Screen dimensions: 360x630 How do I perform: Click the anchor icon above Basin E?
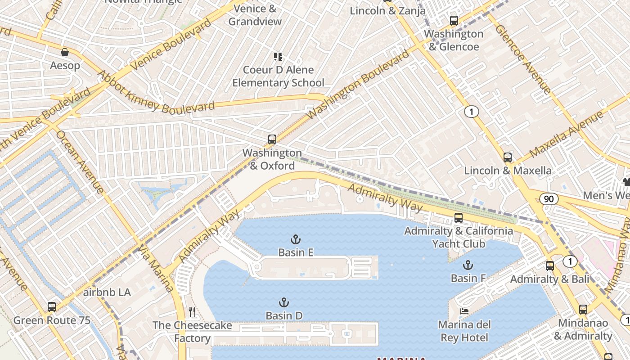(296, 239)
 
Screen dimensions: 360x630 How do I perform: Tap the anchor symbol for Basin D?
(284, 302)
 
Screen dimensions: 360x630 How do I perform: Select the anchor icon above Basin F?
(468, 265)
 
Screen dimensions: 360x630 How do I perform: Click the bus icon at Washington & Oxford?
(272, 139)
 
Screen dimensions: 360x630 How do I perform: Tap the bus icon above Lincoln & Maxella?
(508, 157)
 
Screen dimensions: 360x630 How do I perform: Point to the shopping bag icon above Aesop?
(65, 52)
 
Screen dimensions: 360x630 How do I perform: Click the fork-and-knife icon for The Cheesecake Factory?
(192, 312)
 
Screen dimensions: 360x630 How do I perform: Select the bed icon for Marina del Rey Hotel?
(464, 311)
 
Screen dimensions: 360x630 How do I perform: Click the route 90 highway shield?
(549, 199)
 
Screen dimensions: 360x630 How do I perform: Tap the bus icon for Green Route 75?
(52, 307)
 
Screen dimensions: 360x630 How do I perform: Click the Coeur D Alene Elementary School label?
(278, 76)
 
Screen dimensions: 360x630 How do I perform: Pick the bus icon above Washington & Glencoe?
(454, 21)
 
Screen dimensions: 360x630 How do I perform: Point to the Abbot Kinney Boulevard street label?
(155, 93)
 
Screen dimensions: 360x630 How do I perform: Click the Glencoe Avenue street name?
(523, 58)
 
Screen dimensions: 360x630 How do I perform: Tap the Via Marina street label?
(156, 269)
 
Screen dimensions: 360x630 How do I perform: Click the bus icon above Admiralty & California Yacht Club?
(459, 218)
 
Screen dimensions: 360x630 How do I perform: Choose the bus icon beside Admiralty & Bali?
(550, 266)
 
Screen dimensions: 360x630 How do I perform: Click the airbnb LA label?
(107, 292)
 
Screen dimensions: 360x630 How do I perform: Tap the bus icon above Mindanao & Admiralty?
(583, 310)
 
